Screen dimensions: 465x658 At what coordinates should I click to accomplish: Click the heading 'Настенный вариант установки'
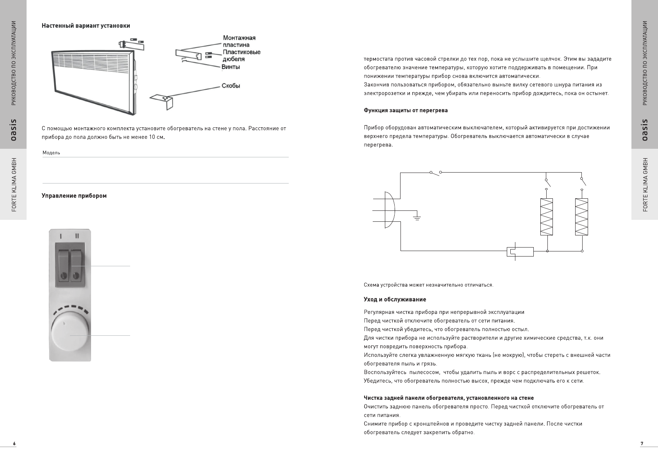point(86,26)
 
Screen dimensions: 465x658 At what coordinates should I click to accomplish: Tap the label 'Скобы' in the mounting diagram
point(231,86)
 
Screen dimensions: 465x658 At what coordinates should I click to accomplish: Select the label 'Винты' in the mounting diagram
point(231,67)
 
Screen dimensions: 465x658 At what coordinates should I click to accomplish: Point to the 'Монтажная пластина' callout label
point(239,41)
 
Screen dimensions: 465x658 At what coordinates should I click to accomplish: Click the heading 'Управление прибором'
point(74,196)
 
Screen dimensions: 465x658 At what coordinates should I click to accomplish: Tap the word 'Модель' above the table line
point(51,153)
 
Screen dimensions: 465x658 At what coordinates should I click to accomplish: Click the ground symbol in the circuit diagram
point(417,217)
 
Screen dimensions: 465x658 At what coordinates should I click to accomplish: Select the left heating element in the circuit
point(547,217)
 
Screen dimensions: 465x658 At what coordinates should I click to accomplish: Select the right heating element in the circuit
point(581,217)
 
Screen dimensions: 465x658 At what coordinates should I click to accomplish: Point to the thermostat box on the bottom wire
point(520,251)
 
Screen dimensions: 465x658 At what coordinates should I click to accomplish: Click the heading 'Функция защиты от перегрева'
point(406,110)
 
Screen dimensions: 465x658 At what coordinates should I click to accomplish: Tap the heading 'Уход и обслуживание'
point(395,299)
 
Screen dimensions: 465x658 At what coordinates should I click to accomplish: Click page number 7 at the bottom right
point(642,444)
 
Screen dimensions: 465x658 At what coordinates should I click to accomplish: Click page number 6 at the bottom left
point(14,444)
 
